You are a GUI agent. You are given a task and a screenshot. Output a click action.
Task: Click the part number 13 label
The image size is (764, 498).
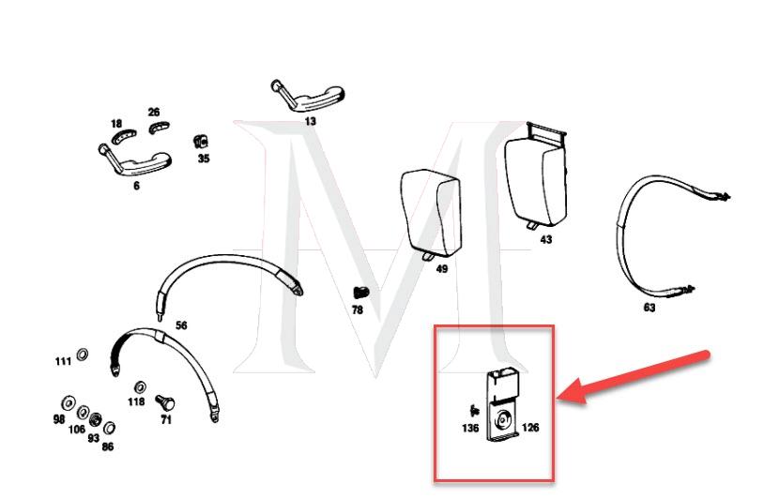(311, 121)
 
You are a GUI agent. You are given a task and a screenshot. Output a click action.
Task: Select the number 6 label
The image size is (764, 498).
(136, 186)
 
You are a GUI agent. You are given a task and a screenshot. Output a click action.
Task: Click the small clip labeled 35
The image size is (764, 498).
(200, 142)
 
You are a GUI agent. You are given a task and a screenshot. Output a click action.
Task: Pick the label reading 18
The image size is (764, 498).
(115, 124)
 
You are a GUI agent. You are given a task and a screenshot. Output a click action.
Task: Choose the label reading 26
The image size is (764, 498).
(154, 113)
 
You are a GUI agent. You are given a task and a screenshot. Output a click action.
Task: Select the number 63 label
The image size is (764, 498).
(649, 308)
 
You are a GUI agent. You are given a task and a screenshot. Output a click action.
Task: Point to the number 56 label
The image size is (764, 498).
(181, 325)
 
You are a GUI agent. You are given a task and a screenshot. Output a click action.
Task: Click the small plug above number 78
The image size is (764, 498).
(359, 294)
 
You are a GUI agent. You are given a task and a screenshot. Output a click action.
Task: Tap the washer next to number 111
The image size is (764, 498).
(82, 355)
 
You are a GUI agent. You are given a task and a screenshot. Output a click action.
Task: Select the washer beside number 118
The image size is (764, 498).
(140, 385)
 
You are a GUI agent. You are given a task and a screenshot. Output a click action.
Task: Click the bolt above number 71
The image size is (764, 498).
(165, 400)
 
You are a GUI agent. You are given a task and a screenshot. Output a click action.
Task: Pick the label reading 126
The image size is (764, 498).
(530, 428)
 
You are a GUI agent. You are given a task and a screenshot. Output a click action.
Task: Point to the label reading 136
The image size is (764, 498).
(470, 429)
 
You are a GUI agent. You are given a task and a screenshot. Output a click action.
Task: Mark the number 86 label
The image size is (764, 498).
(108, 447)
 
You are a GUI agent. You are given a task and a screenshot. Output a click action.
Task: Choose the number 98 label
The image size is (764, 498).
(59, 419)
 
